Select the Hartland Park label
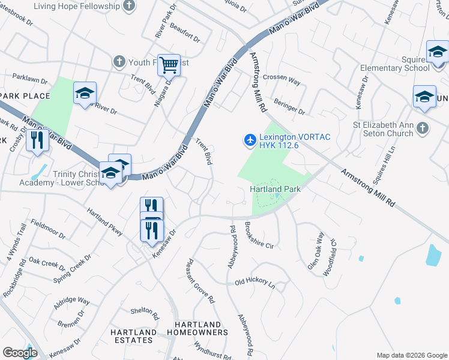(275, 189)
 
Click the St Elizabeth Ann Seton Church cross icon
(423, 127)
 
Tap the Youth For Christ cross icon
(119, 61)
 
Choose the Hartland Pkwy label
(105, 222)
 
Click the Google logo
(20, 353)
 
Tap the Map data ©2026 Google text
(411, 355)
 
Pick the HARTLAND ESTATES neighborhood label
(133, 336)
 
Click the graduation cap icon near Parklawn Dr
(85, 93)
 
